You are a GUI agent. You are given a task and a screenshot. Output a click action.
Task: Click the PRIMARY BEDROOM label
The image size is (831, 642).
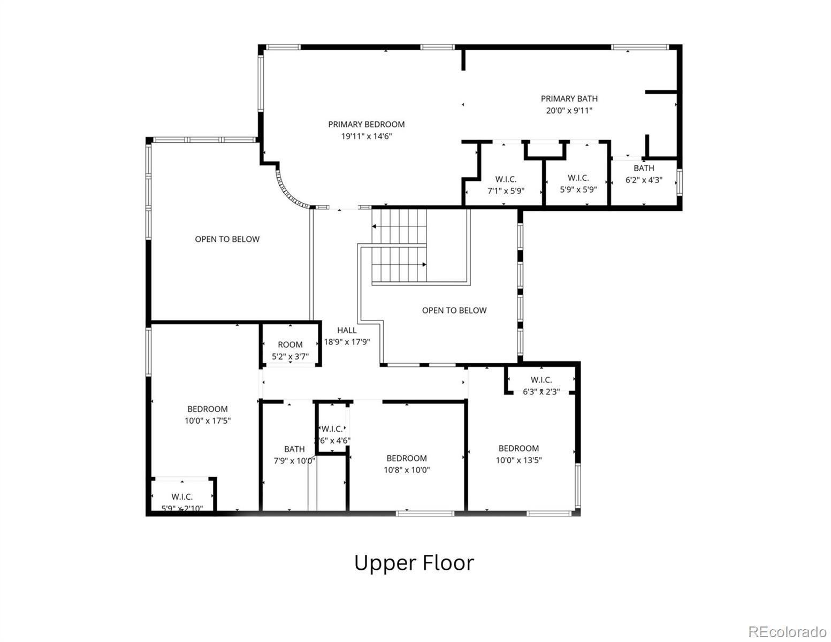(366, 124)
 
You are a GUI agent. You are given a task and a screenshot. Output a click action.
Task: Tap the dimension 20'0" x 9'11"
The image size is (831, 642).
(569, 111)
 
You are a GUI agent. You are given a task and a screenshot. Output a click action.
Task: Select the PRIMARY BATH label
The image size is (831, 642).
(569, 98)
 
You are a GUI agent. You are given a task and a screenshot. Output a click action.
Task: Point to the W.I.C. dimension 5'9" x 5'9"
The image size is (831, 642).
(578, 189)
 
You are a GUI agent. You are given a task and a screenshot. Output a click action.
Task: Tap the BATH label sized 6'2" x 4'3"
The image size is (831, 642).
(644, 168)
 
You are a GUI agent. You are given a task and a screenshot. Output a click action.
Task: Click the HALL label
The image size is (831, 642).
(347, 330)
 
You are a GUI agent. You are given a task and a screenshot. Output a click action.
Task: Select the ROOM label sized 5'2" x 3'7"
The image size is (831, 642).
(290, 345)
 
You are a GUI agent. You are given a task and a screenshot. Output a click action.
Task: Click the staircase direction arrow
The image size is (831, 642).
(424, 264)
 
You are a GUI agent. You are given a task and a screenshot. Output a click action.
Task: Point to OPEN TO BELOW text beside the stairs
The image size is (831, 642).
(454, 310)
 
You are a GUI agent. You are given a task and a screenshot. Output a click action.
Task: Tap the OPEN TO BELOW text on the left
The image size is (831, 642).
(227, 239)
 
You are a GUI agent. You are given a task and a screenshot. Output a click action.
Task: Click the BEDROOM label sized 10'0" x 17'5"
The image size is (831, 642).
(207, 409)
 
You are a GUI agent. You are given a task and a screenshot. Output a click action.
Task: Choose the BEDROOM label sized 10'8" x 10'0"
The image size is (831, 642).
(407, 458)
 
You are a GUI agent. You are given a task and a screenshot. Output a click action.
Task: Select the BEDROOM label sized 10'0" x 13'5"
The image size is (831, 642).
(519, 448)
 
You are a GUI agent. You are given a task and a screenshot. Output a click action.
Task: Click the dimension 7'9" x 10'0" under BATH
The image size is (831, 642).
(294, 461)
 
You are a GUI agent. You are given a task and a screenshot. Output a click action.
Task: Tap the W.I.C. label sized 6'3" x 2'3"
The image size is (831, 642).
(541, 380)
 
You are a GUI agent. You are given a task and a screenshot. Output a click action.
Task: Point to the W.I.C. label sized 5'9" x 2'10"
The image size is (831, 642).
(182, 497)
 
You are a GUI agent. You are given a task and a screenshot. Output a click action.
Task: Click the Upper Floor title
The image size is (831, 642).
(414, 563)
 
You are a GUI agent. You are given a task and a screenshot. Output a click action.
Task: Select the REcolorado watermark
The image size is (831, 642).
(787, 631)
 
